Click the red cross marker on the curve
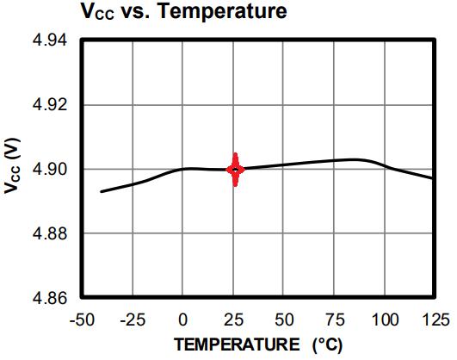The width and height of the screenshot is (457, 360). click(236, 169)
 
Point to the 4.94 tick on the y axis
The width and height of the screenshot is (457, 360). click(50, 40)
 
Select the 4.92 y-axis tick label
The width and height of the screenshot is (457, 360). click(50, 105)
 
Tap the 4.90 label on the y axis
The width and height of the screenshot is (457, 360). click(50, 169)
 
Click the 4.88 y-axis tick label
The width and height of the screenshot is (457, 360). click(50, 233)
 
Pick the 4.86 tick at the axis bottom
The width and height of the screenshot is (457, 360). click(50, 298)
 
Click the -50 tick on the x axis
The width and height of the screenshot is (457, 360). click(82, 320)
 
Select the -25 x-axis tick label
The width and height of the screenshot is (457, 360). click(133, 320)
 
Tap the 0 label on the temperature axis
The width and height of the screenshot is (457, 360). click(182, 320)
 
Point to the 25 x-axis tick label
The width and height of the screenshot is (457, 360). click(233, 320)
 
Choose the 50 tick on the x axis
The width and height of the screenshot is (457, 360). click(284, 320)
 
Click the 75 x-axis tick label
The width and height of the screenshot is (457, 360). click(335, 320)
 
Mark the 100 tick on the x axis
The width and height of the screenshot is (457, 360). click(385, 320)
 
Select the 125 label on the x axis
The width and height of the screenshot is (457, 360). click(435, 320)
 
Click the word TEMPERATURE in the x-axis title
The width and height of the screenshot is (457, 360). click(237, 344)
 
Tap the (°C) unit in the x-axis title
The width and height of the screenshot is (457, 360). click(327, 345)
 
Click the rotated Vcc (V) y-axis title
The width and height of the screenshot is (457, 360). click(12, 165)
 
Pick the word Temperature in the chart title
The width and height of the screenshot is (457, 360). click(222, 11)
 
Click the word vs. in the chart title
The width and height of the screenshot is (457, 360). click(135, 13)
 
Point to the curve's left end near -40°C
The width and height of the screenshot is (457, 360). click(102, 192)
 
